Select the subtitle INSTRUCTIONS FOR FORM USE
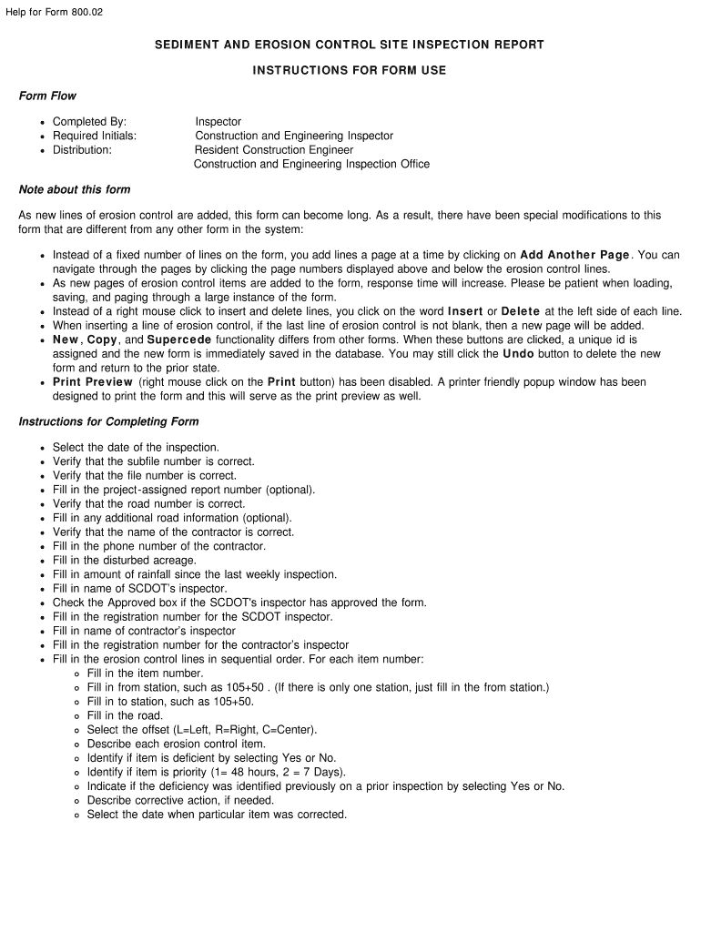point(350,70)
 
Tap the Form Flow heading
point(47,96)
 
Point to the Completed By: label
point(89,121)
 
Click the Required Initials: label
point(95,136)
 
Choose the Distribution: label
point(82,150)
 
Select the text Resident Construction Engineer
point(273,150)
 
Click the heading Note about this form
point(75,189)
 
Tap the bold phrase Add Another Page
point(574,255)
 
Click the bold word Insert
point(465,311)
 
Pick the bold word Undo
point(518,353)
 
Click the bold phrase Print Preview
point(92,381)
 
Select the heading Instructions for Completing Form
point(108,421)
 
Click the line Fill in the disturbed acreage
point(124,560)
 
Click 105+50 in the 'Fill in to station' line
point(233,701)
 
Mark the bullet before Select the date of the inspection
point(43,448)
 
